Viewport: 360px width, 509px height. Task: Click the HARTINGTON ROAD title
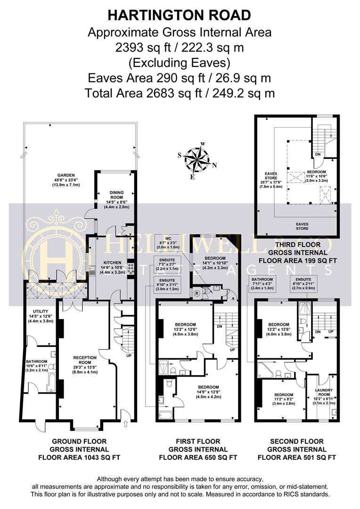tap(180, 15)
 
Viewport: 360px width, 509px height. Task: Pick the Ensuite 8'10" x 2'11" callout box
tap(303, 285)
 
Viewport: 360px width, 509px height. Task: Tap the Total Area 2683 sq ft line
tap(180, 93)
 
